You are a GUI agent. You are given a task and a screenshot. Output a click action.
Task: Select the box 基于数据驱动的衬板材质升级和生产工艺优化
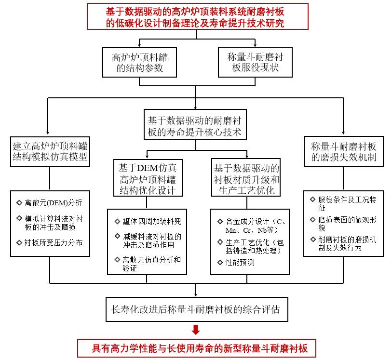click(x=246, y=179)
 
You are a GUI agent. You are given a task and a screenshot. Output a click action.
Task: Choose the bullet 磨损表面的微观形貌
click(x=345, y=224)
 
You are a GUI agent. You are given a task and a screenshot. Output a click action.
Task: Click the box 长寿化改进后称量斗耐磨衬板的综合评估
click(x=195, y=308)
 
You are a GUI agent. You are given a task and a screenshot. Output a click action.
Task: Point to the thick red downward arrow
click(x=195, y=330)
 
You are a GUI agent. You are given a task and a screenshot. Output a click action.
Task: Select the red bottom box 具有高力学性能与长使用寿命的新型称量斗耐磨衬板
click(x=195, y=347)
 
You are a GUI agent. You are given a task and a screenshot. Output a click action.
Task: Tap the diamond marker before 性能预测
click(x=220, y=263)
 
